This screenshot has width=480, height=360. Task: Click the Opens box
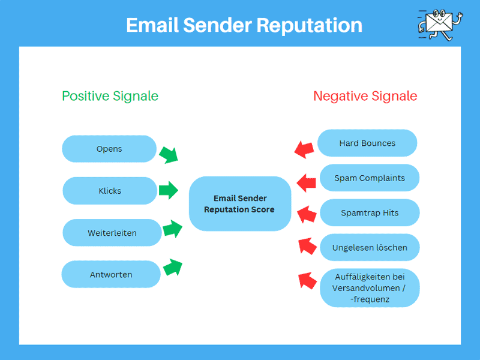109,149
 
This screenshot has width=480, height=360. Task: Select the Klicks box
110,191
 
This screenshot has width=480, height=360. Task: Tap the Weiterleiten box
112,233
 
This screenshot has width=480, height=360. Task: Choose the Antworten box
111,275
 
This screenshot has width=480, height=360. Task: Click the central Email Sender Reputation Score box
239,204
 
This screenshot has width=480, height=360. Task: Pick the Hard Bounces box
367,143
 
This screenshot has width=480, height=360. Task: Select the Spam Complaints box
369,178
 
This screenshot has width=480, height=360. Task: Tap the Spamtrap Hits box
369,213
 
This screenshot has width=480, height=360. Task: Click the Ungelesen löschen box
370,248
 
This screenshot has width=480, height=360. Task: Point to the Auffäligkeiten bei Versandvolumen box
369,288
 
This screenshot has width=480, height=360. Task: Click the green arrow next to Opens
169,154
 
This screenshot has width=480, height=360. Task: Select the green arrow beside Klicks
169,191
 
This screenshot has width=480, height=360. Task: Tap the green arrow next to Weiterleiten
172,229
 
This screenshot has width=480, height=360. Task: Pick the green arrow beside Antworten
172,267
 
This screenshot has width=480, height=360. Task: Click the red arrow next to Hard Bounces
305,149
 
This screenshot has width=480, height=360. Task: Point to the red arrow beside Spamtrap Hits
307,213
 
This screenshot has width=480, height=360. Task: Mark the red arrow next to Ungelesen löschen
307,245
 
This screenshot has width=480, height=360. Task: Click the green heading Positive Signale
110,96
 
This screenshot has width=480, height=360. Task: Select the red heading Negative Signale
365,96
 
